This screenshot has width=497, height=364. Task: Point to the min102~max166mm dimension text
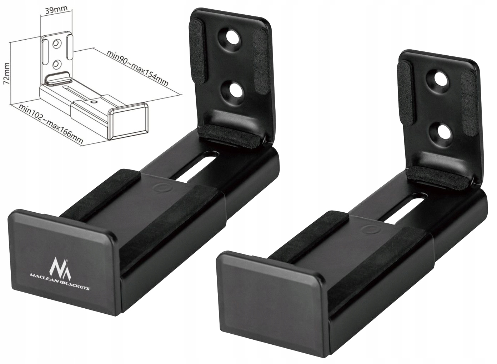pyautogui.click(x=51, y=124)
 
